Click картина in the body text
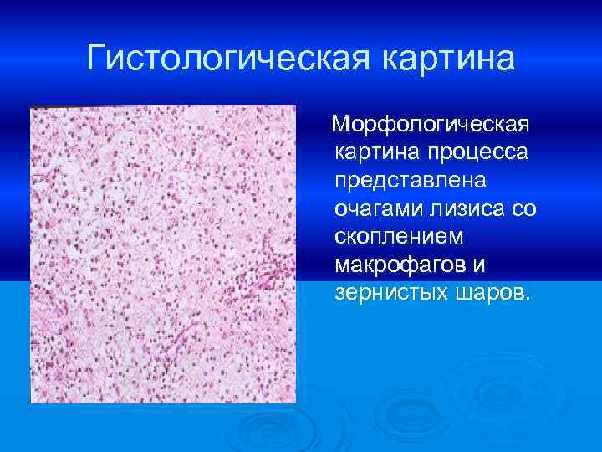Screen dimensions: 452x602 376,153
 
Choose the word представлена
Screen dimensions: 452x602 406,182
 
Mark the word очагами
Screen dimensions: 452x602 371,209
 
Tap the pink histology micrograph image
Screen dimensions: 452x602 163,254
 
